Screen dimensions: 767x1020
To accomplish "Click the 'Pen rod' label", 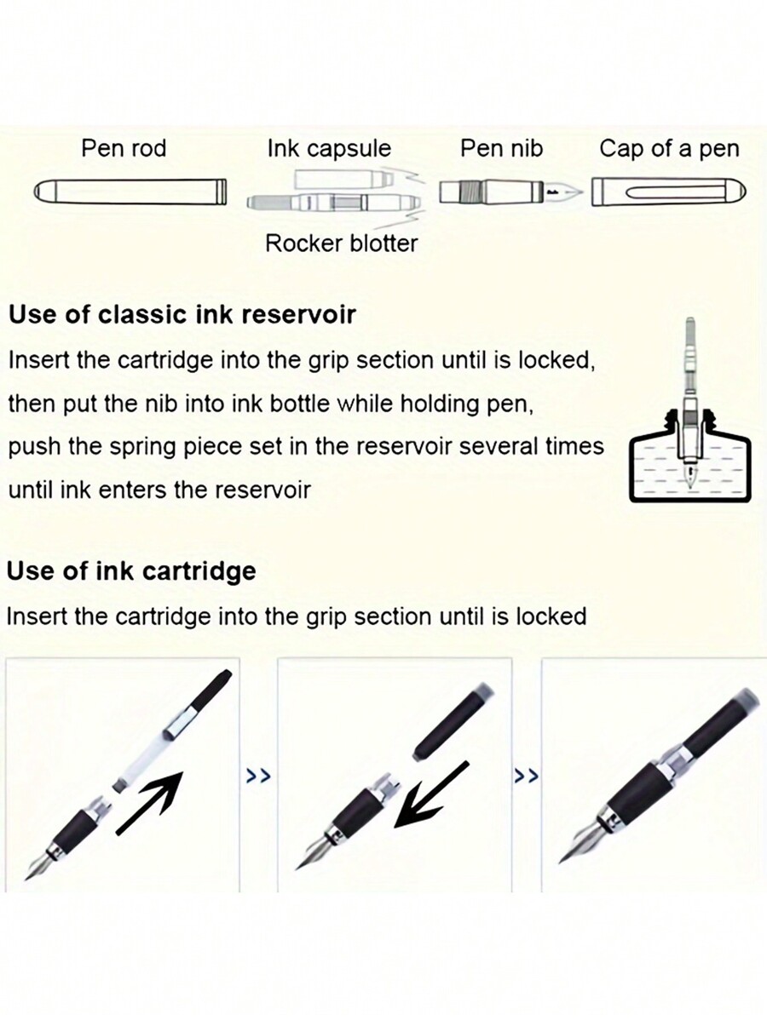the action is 124,148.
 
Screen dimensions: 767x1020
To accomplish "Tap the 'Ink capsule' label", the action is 329,149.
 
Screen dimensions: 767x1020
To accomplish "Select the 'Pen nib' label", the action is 501,148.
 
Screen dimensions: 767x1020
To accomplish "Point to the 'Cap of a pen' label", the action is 669,149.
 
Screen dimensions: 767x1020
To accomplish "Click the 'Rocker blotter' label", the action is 341,244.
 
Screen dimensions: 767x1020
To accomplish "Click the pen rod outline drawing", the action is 130,192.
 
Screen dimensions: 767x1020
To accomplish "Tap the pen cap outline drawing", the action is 669,192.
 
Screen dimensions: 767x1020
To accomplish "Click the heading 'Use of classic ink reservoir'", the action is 182,315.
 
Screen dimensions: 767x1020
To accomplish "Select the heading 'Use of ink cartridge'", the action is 131,571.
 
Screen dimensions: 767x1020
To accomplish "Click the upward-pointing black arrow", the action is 150,802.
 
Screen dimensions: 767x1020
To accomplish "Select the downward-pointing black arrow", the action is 431,795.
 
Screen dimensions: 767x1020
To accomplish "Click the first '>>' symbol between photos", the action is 258,776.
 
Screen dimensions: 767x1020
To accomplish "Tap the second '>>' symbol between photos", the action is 527,776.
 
